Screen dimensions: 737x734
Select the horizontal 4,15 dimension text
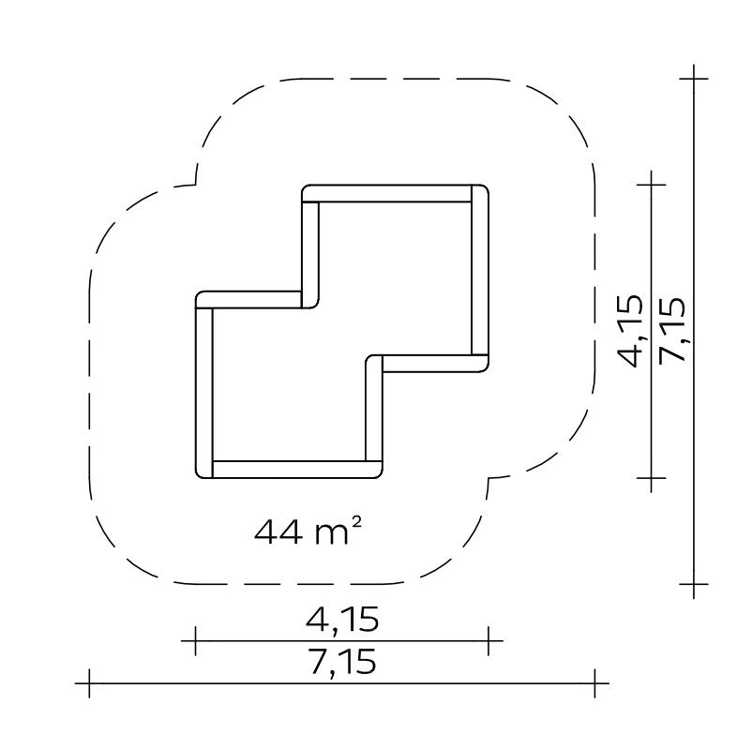point(342,620)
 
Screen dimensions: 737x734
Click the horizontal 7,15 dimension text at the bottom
point(342,662)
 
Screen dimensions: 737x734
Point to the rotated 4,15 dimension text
point(629,330)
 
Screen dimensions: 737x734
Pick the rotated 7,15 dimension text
point(672,329)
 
